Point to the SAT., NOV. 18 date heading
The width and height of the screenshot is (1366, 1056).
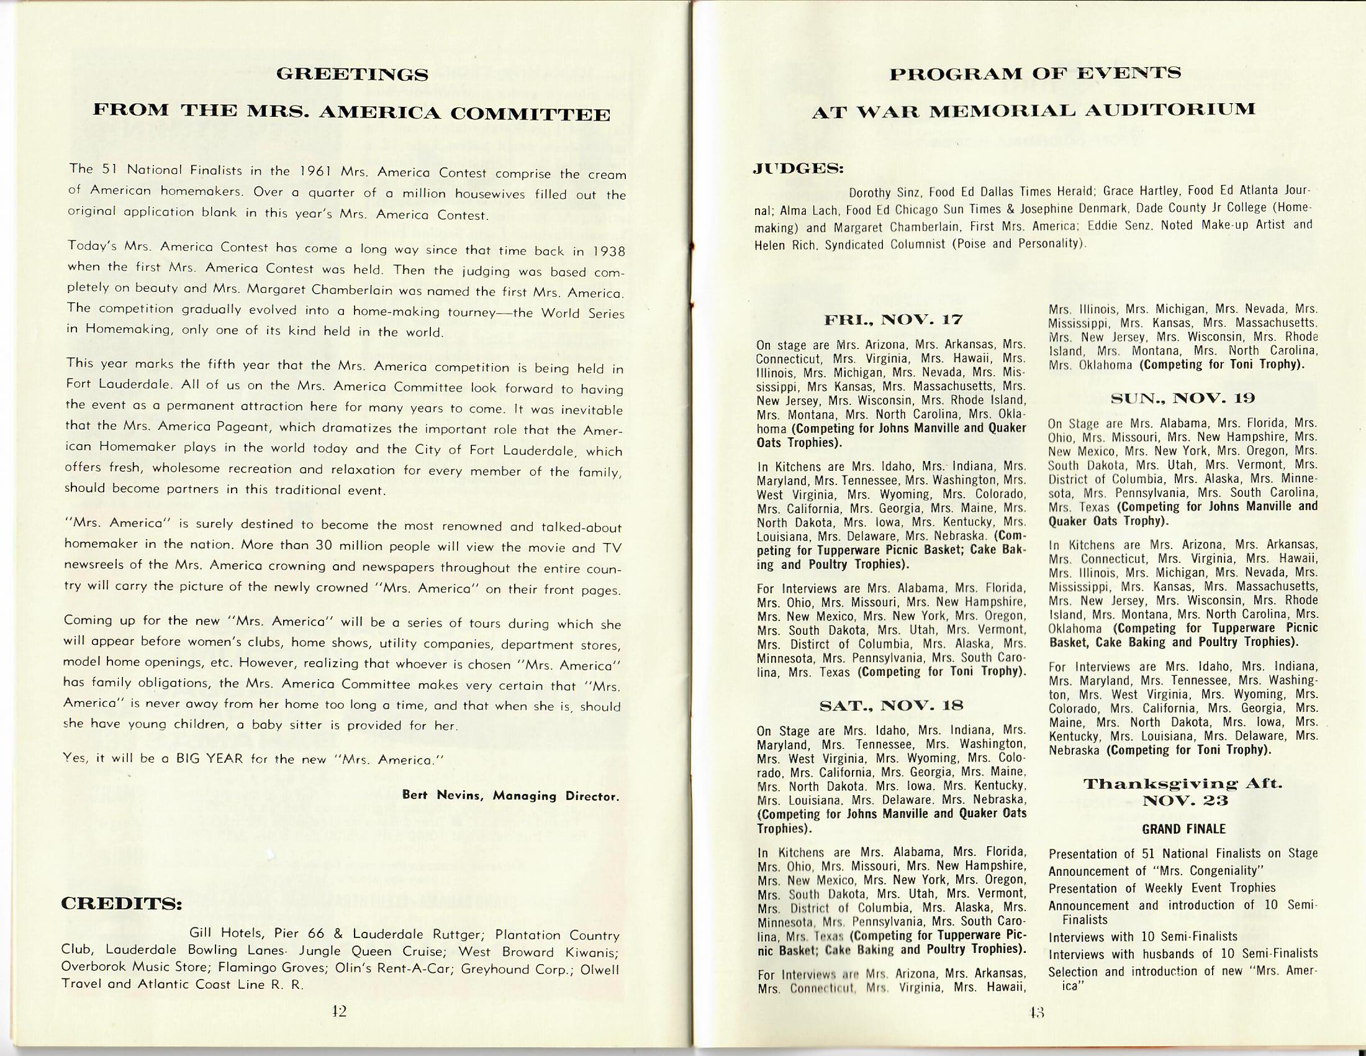[891, 706]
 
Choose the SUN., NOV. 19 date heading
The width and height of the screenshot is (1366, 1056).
[1183, 398]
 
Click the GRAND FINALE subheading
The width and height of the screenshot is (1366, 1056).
[1183, 829]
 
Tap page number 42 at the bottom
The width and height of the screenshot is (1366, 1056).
[339, 1011]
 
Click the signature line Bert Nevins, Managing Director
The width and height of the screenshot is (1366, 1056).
[510, 796]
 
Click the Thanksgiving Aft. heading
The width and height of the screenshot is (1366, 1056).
[1183, 784]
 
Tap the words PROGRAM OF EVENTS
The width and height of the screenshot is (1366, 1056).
[1035, 74]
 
